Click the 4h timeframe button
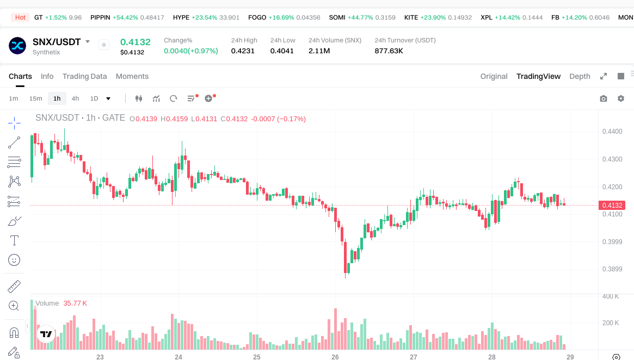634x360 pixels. pos(75,98)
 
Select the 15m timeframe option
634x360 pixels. pos(35,98)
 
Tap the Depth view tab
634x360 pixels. pos(580,76)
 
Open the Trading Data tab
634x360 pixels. pos(84,76)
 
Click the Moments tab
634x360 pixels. pos(132,76)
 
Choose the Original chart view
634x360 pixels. pos(494,76)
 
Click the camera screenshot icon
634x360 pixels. pos(603,98)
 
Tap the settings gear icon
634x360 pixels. pos(620,98)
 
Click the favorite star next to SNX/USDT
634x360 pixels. pos(104,45)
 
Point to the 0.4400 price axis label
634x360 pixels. pos(612,132)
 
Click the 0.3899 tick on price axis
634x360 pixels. pos(612,269)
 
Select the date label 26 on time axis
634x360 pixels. pos(335,357)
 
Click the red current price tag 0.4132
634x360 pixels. pos(612,205)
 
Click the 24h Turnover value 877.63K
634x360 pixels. pos(389,51)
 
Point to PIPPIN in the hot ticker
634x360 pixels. pos(100,17)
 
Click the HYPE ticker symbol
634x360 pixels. pos(181,17)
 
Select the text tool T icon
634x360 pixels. pos(14,240)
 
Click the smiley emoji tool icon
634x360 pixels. pos(14,260)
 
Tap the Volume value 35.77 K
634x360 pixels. pos(75,303)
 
